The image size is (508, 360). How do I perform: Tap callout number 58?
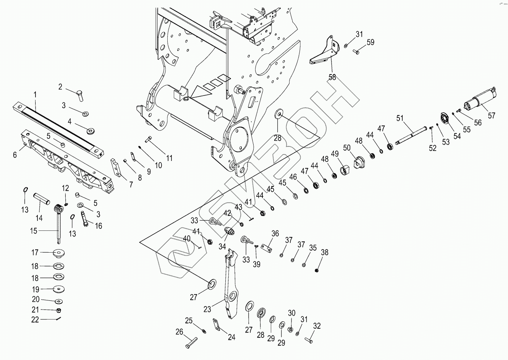[x=332, y=77]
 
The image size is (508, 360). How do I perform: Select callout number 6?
[x=15, y=154]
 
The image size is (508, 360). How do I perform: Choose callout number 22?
[x=35, y=319]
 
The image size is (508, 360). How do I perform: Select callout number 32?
[x=317, y=326]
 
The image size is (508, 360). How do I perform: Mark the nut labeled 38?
[x=317, y=271]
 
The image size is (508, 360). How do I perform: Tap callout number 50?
[x=347, y=148]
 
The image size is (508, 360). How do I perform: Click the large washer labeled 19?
[x=59, y=289]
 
